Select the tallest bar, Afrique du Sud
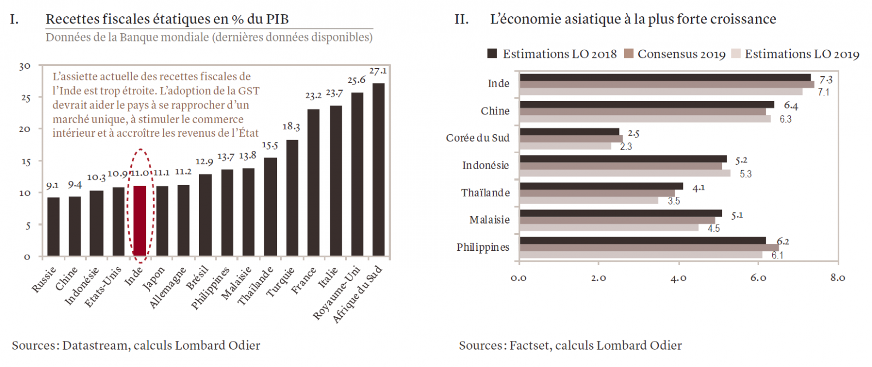[378, 170]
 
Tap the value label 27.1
[378, 71]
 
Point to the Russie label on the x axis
[44, 280]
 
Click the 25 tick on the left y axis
[25, 98]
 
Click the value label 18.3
[291, 127]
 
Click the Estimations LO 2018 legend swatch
[492, 53]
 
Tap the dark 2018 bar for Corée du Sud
[570, 132]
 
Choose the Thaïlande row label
[485, 192]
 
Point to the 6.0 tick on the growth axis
[758, 278]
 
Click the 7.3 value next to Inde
[826, 80]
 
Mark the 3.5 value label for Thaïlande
[674, 201]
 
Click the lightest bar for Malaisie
[609, 227]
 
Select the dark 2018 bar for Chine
[646, 104]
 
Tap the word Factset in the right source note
[529, 345]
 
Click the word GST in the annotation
[249, 91]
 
